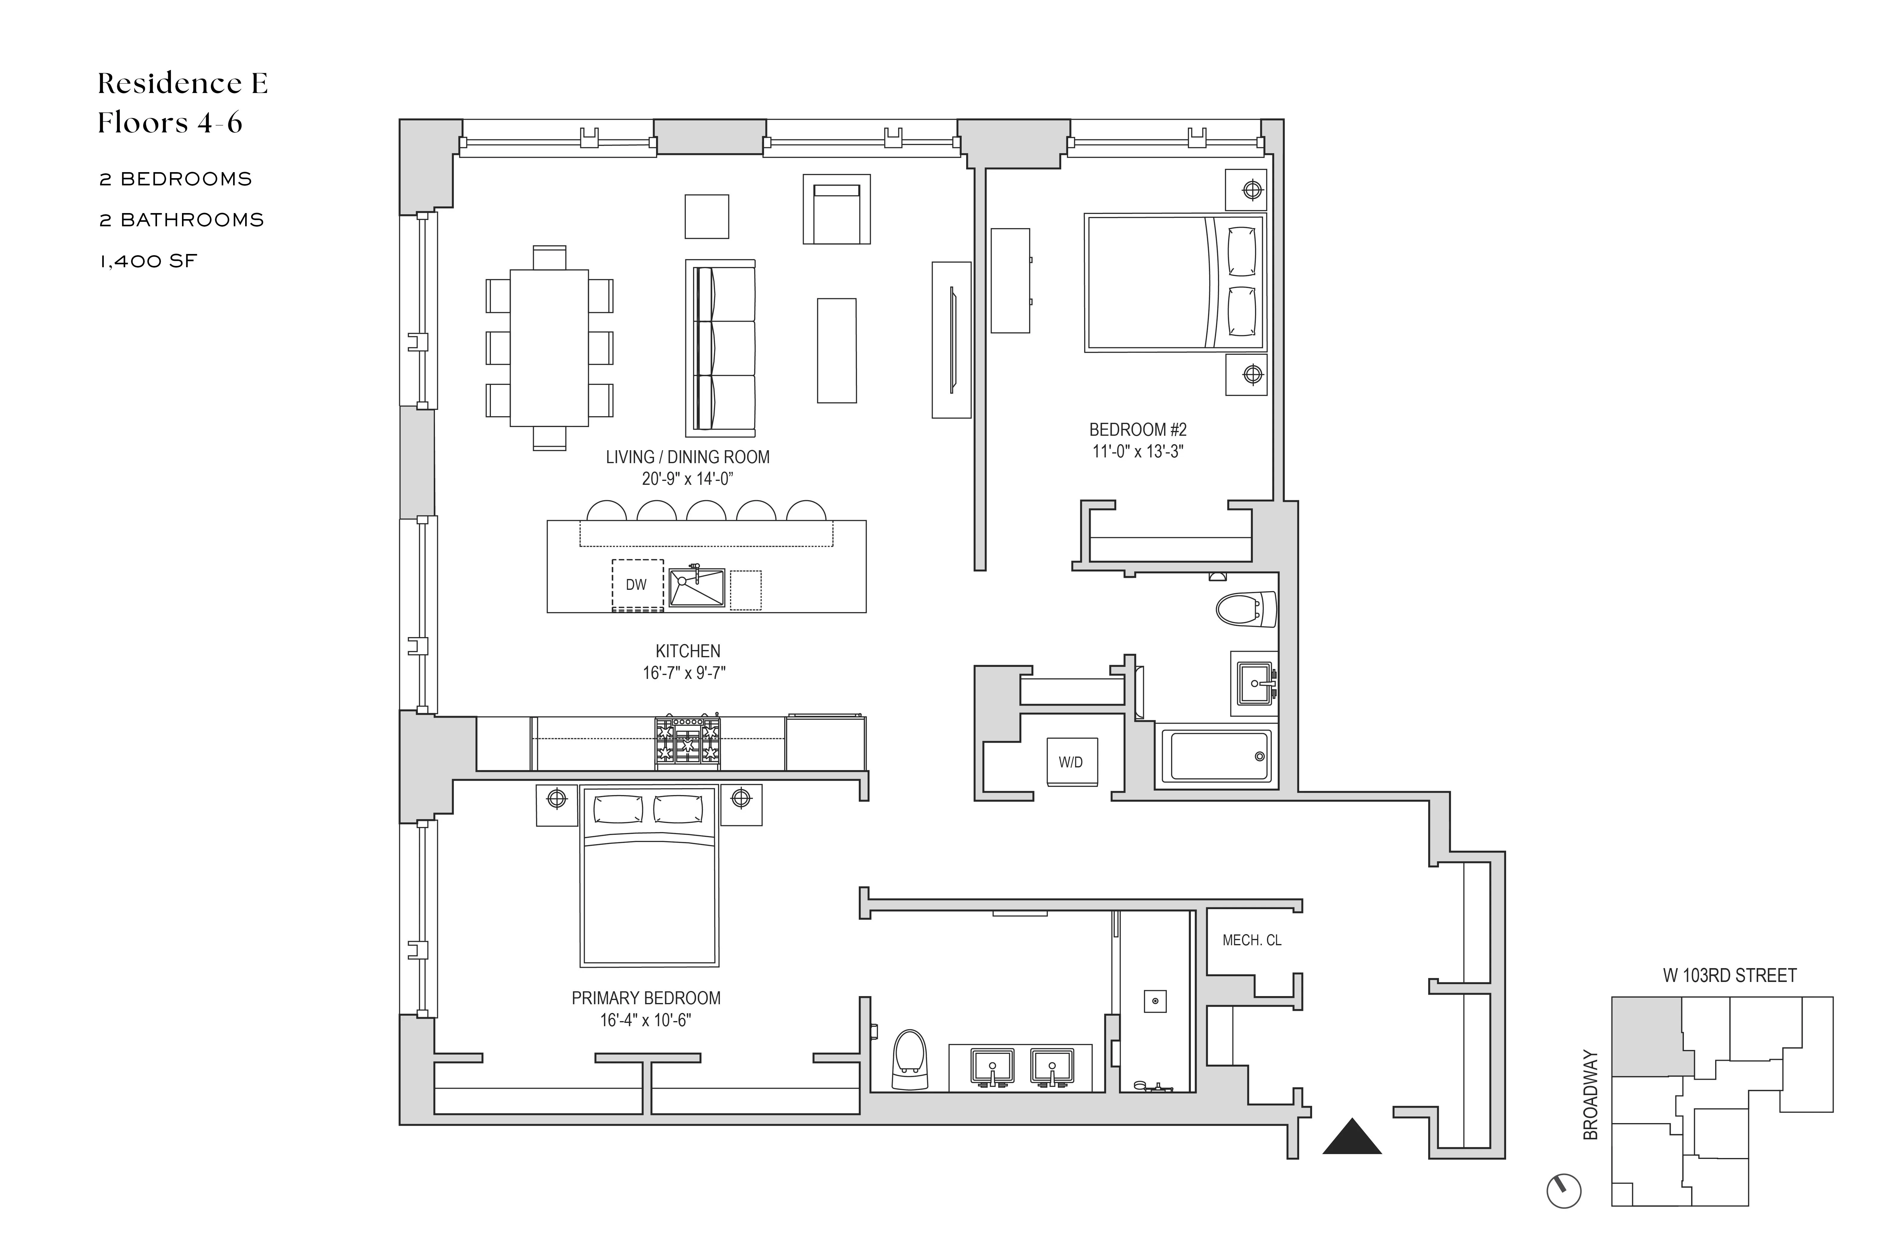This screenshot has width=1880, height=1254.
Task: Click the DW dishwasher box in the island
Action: coord(637,585)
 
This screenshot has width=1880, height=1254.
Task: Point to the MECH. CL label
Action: coord(1252,940)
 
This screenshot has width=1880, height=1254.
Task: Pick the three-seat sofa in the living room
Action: coord(720,348)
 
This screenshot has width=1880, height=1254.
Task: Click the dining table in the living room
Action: coord(549,348)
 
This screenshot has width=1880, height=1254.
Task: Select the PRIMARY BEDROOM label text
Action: coord(646,998)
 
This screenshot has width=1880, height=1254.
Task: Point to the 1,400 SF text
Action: coord(148,262)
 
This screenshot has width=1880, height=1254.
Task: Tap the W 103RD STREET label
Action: coord(1729,976)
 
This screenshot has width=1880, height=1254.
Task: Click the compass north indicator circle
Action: coord(1564,1191)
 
